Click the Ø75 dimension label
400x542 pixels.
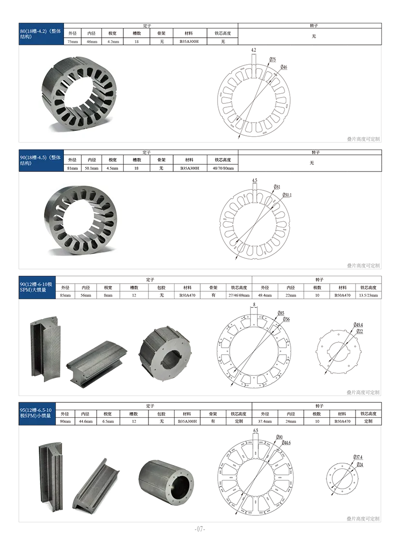coord(273,59)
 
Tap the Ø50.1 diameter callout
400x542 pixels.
coord(287,195)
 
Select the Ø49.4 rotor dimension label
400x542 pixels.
coord(358,325)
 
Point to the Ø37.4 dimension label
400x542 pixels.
coord(358,457)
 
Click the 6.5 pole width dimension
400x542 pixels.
coord(255,431)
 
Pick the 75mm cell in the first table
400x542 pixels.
coord(73,42)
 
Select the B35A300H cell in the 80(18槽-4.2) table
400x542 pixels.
coord(189,42)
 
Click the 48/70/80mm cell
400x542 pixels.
coord(223,168)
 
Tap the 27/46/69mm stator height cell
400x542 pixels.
coord(239,295)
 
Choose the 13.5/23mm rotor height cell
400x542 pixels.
coord(369,295)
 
